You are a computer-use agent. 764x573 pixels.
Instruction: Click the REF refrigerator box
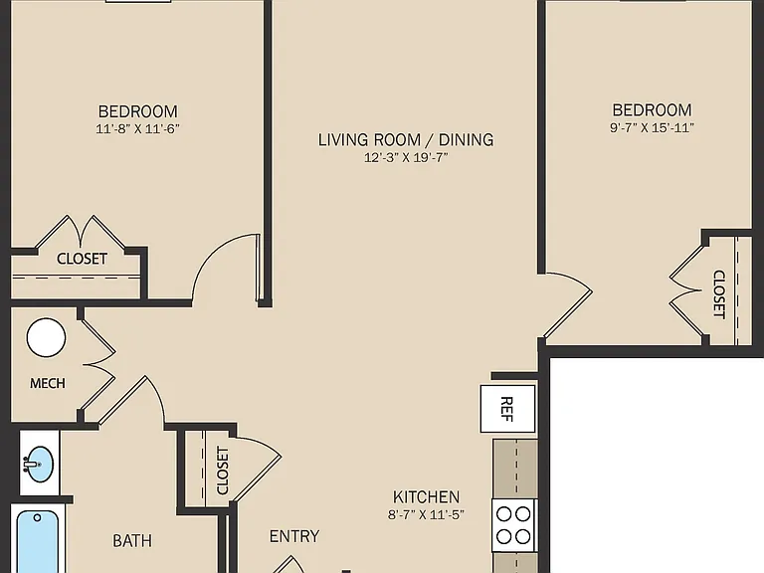point(507,409)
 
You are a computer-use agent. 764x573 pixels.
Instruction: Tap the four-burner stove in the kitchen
point(513,525)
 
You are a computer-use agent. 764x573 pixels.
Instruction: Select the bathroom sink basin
point(40,464)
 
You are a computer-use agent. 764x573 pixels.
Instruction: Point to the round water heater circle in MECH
point(47,337)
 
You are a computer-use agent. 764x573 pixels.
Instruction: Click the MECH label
point(48,383)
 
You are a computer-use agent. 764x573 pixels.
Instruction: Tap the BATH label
point(132,540)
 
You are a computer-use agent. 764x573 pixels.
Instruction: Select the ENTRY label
point(294,536)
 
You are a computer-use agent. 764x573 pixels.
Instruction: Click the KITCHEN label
point(427,497)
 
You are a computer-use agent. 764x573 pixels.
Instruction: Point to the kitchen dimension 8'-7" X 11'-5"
point(426,514)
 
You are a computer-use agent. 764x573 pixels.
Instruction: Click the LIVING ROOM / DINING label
point(406,140)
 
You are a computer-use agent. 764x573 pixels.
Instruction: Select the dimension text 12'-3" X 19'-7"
point(406,157)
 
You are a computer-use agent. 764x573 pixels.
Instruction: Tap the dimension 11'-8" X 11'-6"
point(138,128)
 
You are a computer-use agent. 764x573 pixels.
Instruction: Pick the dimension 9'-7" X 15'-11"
point(652,127)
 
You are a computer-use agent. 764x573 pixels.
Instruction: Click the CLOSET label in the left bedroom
point(82,259)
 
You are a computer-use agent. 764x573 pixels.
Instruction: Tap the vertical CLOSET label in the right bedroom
point(719,294)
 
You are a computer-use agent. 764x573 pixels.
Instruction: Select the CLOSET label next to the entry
point(222,471)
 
